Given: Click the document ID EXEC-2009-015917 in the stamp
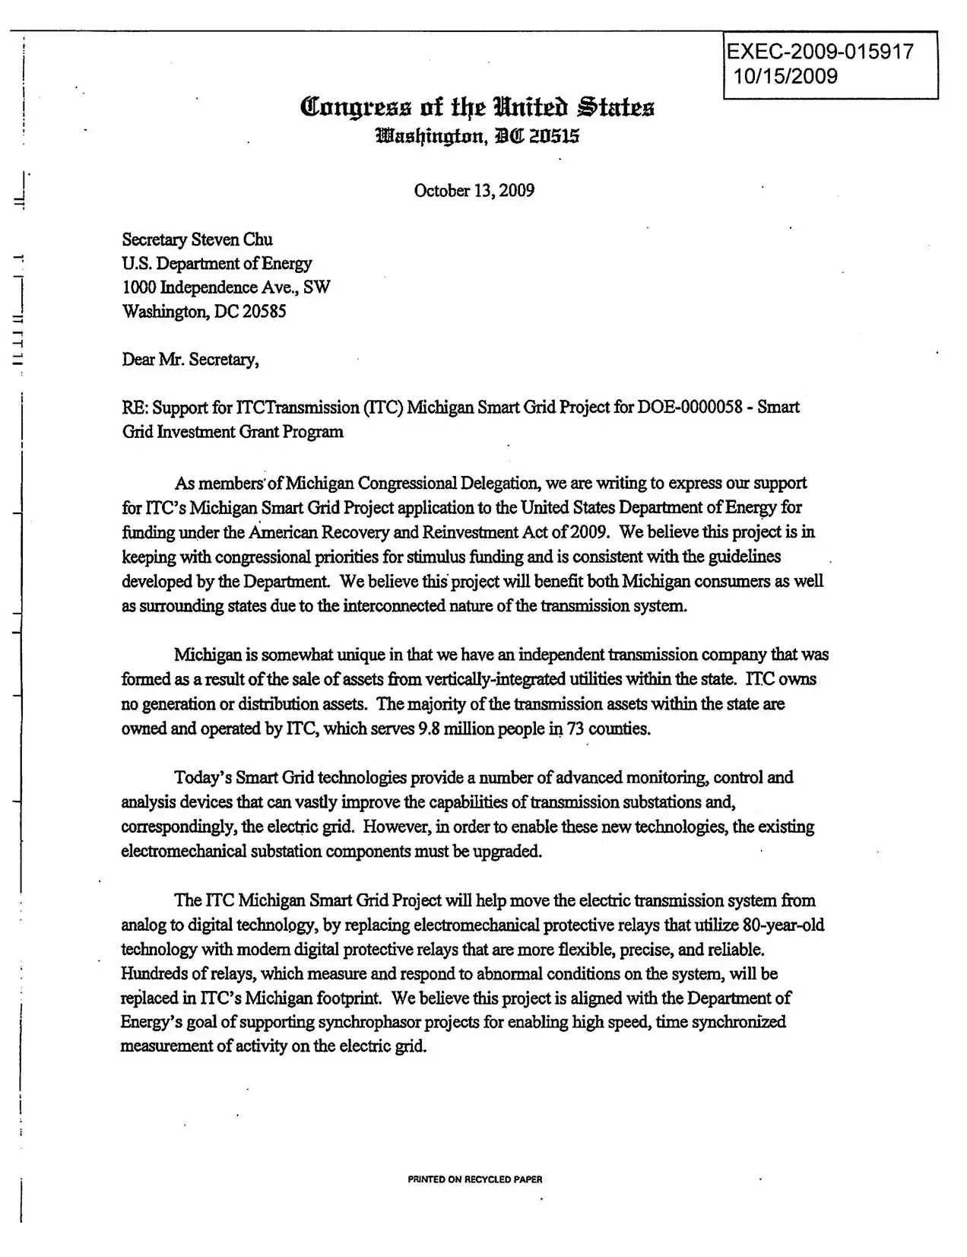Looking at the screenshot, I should pos(820,52).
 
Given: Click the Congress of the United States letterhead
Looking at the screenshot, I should pos(477,107).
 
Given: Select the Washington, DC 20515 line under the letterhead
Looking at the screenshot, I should pos(477,137).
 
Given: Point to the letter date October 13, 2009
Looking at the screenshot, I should pos(474,190).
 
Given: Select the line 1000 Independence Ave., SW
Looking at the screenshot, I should pos(226,287).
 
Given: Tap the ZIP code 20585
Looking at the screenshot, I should pos(264,312).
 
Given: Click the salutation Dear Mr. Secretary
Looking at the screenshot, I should pos(190,360).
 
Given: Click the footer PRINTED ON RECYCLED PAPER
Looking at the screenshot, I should pos(475,1179).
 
